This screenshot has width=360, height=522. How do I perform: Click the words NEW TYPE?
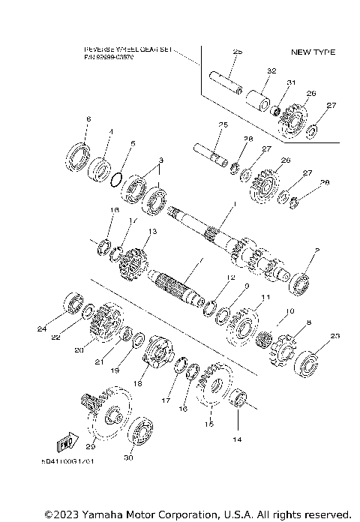313,52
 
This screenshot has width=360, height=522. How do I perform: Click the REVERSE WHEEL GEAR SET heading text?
127,49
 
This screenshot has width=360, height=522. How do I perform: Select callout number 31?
291,82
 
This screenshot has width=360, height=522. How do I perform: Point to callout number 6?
88,119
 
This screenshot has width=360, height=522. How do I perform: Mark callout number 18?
137,382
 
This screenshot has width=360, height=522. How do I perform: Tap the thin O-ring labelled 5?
114,179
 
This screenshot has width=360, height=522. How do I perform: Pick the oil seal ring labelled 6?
76,157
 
